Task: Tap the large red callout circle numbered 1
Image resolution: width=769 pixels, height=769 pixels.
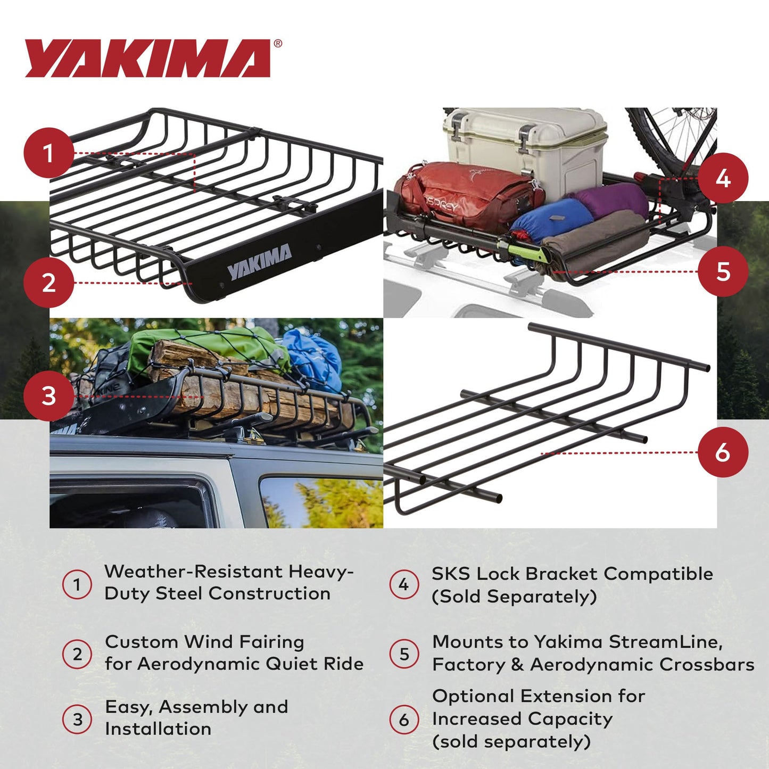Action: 48,153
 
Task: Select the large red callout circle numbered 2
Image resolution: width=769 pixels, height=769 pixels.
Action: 48,283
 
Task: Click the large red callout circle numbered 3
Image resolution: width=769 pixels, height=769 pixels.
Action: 48,396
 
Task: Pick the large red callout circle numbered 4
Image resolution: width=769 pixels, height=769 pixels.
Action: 723,178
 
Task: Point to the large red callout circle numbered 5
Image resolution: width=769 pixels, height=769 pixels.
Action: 723,271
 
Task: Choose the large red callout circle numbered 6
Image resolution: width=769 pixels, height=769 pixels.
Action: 723,452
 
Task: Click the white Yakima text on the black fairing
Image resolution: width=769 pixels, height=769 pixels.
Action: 260,262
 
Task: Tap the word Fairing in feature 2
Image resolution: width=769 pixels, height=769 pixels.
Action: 271,642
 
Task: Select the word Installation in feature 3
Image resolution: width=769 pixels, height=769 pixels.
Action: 158,729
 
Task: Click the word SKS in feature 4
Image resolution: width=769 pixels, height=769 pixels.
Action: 451,574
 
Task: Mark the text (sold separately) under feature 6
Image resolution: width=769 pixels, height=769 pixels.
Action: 511,741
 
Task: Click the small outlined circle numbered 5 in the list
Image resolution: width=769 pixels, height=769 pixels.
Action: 404,654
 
